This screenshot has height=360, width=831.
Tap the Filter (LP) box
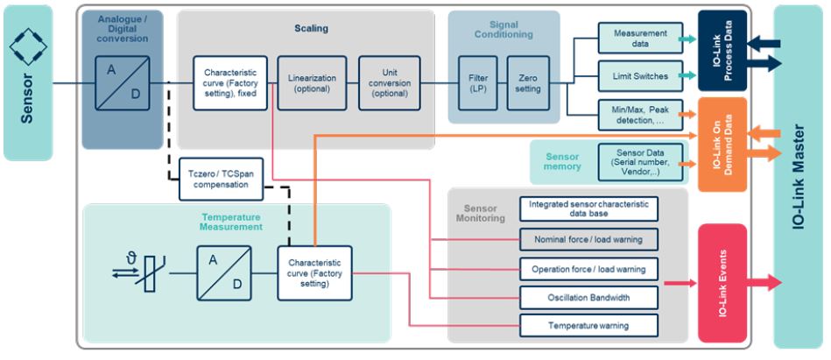click(477, 82)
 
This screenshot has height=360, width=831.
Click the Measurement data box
click(635, 38)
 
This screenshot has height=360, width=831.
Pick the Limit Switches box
click(635, 76)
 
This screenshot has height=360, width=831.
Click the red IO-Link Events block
click(722, 283)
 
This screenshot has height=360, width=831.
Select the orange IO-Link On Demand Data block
click(722, 145)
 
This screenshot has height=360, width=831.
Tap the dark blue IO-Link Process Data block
click(722, 51)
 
